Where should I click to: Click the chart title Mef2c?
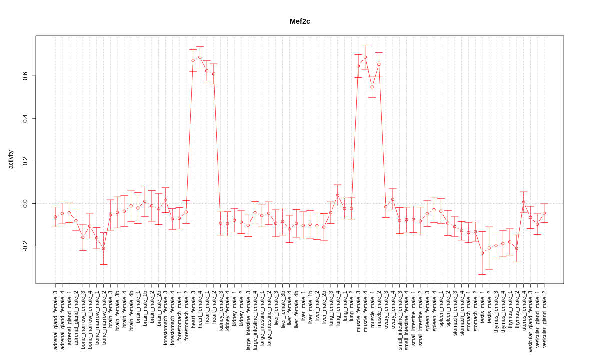[x=300, y=21]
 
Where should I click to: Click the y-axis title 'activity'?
[x=11, y=159]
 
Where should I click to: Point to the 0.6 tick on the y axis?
[x=25, y=76]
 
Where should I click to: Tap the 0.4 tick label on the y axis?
[x=25, y=118]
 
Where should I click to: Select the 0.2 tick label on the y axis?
[x=25, y=161]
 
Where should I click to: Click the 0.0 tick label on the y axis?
[x=25, y=203]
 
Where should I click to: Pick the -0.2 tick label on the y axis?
[x=25, y=246]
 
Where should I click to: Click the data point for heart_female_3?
[x=193, y=60]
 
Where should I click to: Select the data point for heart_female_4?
[x=200, y=57]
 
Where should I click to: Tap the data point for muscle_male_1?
[x=372, y=87]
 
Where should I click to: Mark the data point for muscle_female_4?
[x=365, y=57]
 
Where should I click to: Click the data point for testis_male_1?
[x=482, y=253]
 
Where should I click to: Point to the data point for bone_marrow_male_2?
[x=103, y=248]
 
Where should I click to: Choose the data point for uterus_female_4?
[x=523, y=202]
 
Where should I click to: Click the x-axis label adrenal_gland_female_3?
[x=55, y=320]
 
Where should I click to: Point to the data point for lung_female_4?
[x=338, y=195]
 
